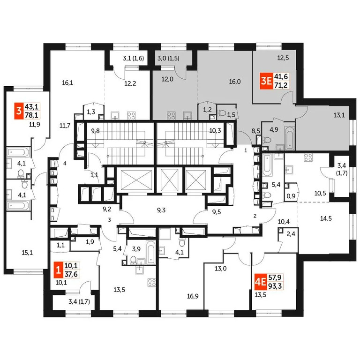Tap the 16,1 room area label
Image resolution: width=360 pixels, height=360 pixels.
pos(68,83)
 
